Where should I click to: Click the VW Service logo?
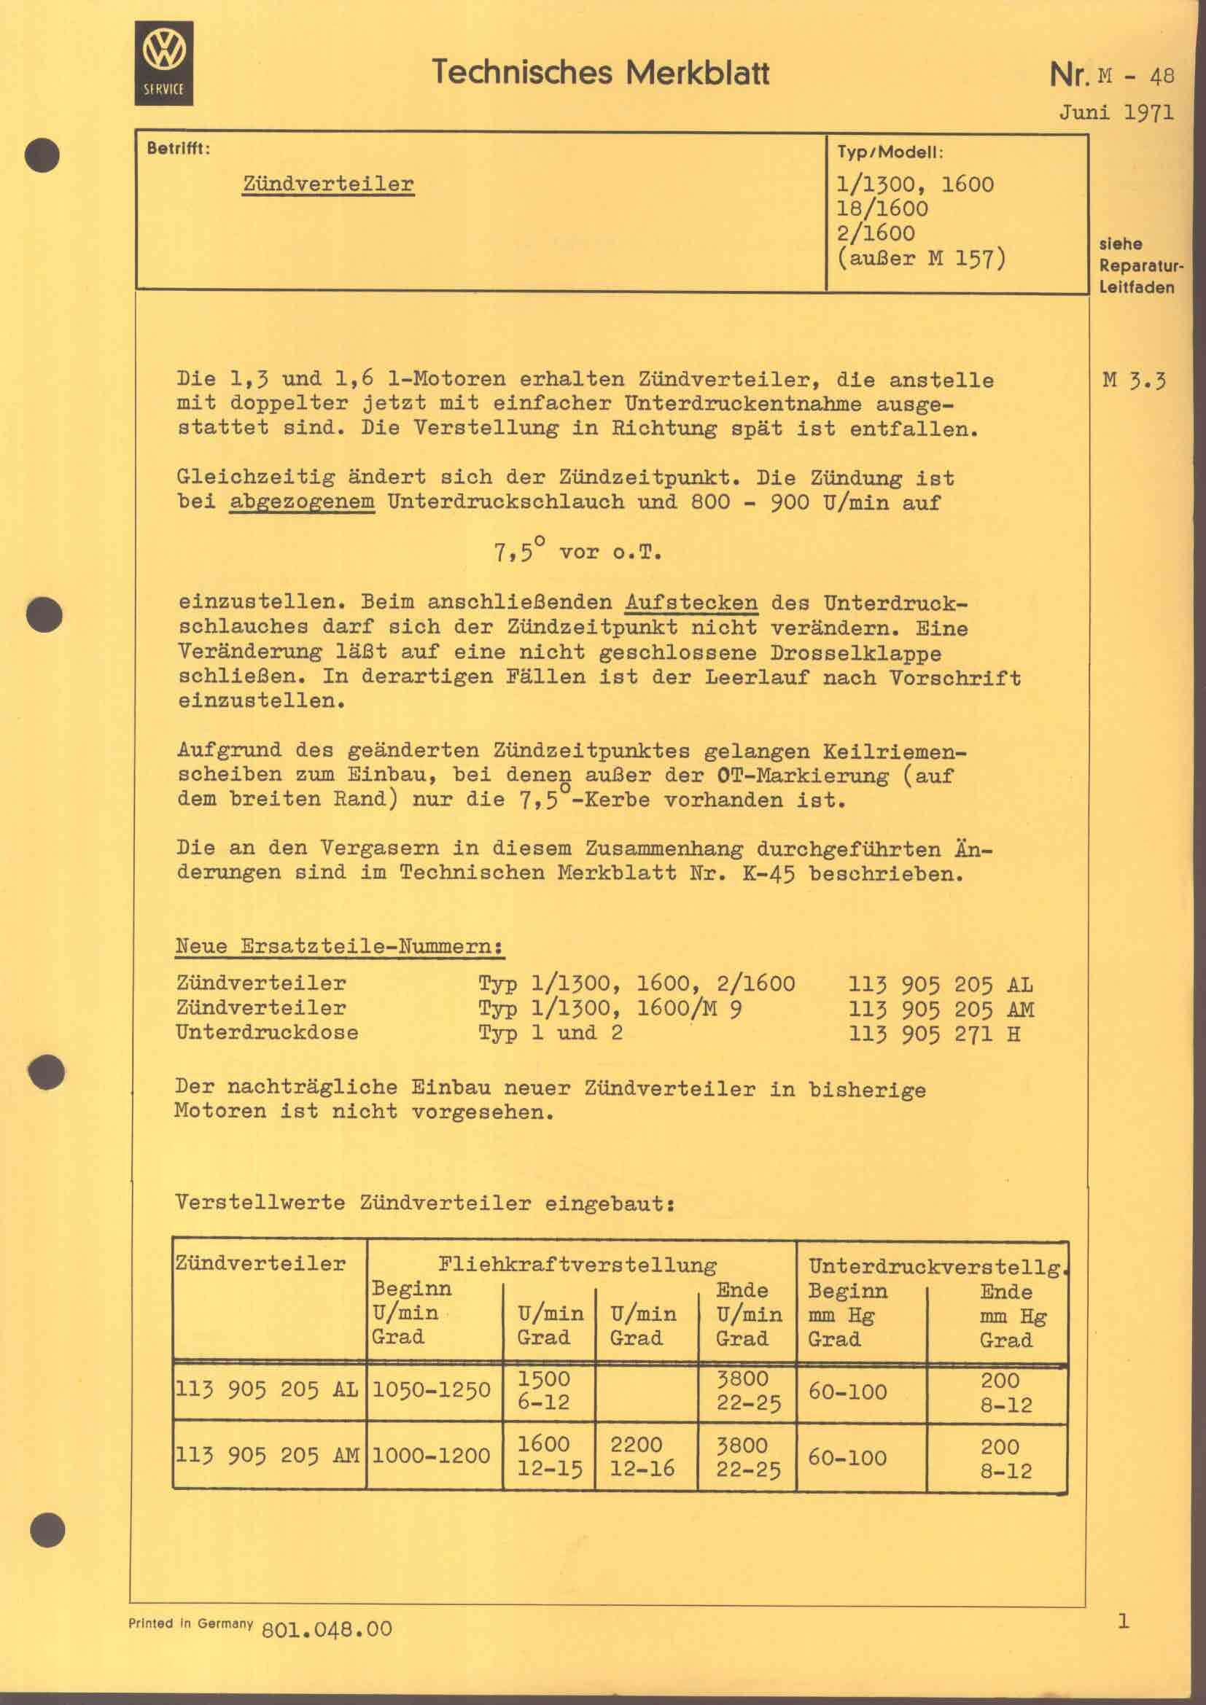(x=163, y=63)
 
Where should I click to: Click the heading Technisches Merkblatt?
(x=600, y=73)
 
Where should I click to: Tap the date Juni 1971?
(x=1116, y=113)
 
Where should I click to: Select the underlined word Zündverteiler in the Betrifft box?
(x=327, y=184)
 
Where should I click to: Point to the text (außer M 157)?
(x=921, y=259)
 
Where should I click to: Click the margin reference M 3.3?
(x=1134, y=381)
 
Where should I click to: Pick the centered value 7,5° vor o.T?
(x=577, y=552)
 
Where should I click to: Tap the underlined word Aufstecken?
(x=690, y=601)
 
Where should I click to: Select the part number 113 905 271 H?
(x=934, y=1033)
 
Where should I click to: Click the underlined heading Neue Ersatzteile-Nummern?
(x=339, y=947)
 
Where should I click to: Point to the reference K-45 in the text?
(x=768, y=873)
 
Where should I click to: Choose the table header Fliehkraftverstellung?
(x=577, y=1265)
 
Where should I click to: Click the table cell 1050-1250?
(x=431, y=1389)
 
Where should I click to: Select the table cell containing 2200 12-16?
(x=642, y=1456)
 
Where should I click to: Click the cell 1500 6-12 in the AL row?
(x=544, y=1390)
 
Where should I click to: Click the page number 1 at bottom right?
(x=1123, y=1621)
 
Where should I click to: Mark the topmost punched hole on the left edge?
(x=42, y=155)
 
